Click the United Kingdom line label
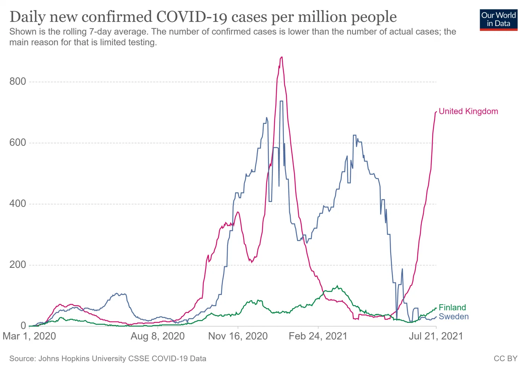point(468,111)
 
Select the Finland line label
point(452,307)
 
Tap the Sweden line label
point(453,317)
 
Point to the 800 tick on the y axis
point(18,81)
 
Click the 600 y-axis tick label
point(18,142)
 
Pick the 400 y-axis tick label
point(18,203)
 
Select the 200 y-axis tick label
point(18,264)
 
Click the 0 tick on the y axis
point(23,325)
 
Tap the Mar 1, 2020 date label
point(29,336)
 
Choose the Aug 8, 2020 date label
point(158,336)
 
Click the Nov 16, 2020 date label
point(238,336)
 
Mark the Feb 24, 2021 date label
point(318,336)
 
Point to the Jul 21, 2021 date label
point(436,336)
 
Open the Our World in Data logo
point(498,20)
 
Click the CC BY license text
point(505,359)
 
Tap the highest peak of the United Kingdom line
point(282,57)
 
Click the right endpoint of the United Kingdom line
point(436,111)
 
